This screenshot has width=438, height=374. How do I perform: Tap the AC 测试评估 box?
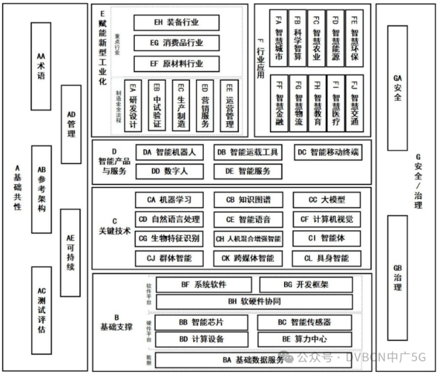(41, 309)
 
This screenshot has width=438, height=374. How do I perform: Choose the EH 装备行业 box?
(177, 22)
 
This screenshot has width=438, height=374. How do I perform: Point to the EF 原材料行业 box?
(177, 64)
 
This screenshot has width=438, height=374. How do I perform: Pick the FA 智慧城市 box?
(278, 39)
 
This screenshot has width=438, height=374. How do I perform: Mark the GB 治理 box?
(397, 278)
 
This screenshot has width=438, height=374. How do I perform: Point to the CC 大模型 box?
(327, 200)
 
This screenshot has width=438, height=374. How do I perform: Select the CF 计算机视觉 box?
(327, 219)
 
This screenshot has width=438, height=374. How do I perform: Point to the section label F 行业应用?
(259, 56)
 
